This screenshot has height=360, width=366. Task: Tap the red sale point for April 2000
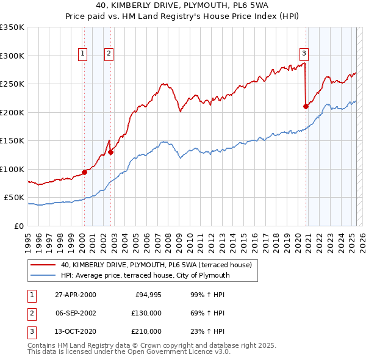point(84,172)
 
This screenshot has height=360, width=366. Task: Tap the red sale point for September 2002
point(110,152)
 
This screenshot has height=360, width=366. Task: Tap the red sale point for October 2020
point(306,106)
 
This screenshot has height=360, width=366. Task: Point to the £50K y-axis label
point(14,198)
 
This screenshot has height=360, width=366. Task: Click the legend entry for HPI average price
point(145,275)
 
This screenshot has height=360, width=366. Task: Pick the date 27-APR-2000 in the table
point(75,295)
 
